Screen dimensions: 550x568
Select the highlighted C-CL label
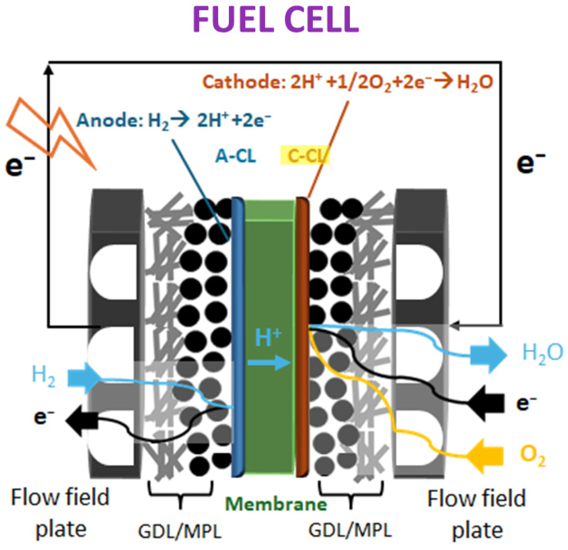(x=305, y=156)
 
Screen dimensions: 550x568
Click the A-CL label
(x=235, y=156)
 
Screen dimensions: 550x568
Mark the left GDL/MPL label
(x=180, y=531)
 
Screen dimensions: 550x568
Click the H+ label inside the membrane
(x=268, y=338)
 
